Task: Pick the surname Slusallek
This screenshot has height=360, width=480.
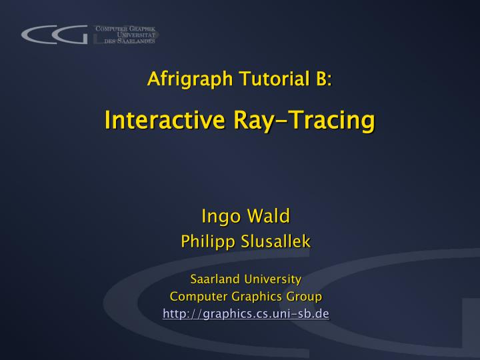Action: tap(277, 241)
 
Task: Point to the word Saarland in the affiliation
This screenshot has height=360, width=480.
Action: tap(214, 278)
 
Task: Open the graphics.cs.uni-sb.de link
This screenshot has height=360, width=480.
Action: tap(246, 313)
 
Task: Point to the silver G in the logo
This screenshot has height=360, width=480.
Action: tap(73, 35)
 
